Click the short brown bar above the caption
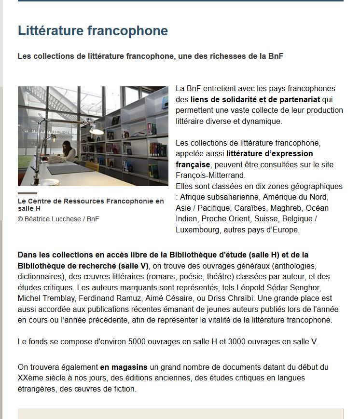click(27, 193)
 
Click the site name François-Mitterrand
click(210, 175)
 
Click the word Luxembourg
click(197, 230)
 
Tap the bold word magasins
click(129, 367)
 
